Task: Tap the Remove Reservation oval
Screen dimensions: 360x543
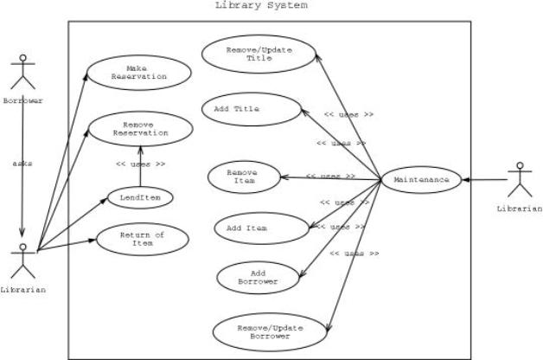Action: [140, 131]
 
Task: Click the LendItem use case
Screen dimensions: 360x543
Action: [139, 197]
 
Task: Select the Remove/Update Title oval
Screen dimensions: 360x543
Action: [259, 53]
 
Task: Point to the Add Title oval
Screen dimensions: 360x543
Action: [252, 110]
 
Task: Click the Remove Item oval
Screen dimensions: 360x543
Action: [245, 177]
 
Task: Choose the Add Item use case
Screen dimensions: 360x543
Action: [262, 228]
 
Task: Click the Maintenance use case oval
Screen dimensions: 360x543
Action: [421, 180]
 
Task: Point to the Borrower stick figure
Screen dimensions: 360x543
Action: [23, 74]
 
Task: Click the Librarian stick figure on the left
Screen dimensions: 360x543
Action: [23, 260]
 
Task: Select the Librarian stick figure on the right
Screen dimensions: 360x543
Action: [519, 179]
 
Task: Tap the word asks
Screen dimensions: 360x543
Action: [22, 162]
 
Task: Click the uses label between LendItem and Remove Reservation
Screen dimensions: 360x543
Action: [140, 164]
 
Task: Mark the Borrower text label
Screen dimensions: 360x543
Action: [23, 100]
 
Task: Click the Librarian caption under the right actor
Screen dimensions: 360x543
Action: [520, 209]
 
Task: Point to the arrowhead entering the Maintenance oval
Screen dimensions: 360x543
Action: [464, 180]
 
